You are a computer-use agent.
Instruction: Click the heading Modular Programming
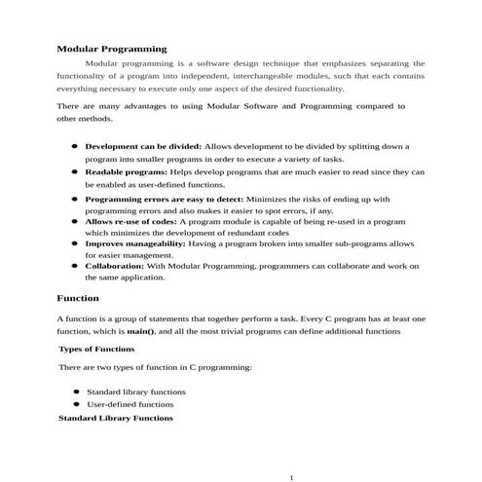click(111, 48)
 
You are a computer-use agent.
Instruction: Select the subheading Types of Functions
click(96, 348)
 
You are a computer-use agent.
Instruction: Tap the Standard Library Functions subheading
click(115, 418)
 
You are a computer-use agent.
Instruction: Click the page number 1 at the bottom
click(292, 477)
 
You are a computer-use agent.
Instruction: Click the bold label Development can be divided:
click(143, 145)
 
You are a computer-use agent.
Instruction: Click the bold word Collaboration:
click(115, 265)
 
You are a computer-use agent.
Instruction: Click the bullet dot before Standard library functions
click(75, 391)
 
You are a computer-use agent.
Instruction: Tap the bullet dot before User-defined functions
click(75, 403)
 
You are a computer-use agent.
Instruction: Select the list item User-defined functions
click(130, 403)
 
